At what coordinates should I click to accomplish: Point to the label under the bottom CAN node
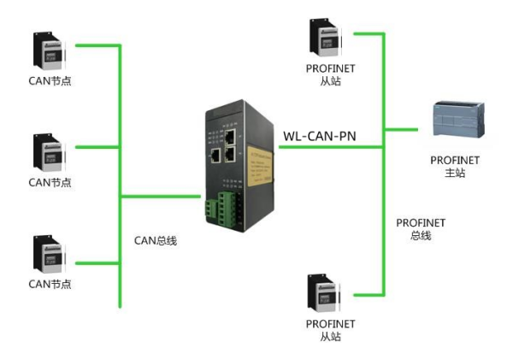pyautogui.click(x=50, y=284)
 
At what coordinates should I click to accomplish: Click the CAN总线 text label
pyautogui.click(x=156, y=240)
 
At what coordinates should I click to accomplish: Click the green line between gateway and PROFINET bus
pyautogui.click(x=329, y=146)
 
